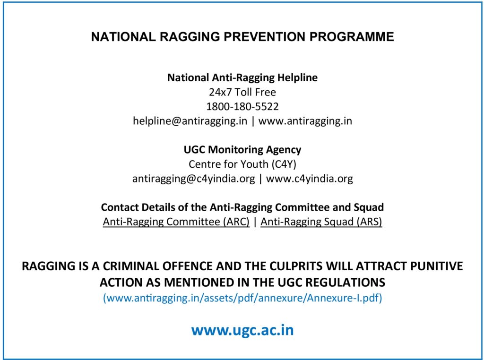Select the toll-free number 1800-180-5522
point(242,106)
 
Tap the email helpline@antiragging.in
point(190,121)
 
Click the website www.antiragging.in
point(305,121)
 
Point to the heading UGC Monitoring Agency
point(242,150)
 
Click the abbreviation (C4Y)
point(284,164)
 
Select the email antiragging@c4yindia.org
point(193,179)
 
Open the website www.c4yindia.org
point(309,179)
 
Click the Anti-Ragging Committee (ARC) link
point(176,222)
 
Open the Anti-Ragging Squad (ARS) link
point(321,222)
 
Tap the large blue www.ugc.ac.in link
point(242,330)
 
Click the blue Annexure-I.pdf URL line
point(242,298)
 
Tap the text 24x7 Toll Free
point(242,92)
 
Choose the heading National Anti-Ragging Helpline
point(242,77)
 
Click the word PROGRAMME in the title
point(352,37)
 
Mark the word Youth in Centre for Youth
point(254,164)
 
